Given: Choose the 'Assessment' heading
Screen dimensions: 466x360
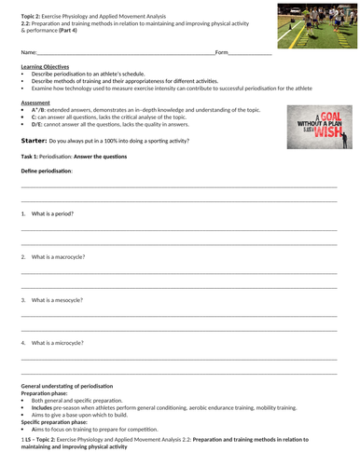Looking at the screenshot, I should click(35, 103).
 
